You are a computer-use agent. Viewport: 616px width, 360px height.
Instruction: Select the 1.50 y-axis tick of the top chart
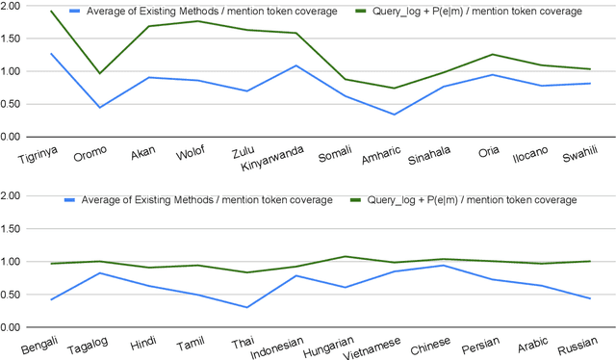click(14, 39)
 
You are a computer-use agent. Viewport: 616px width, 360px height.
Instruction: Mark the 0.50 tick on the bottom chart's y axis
click(14, 295)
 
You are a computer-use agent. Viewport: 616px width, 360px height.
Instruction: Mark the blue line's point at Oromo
click(99, 107)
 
